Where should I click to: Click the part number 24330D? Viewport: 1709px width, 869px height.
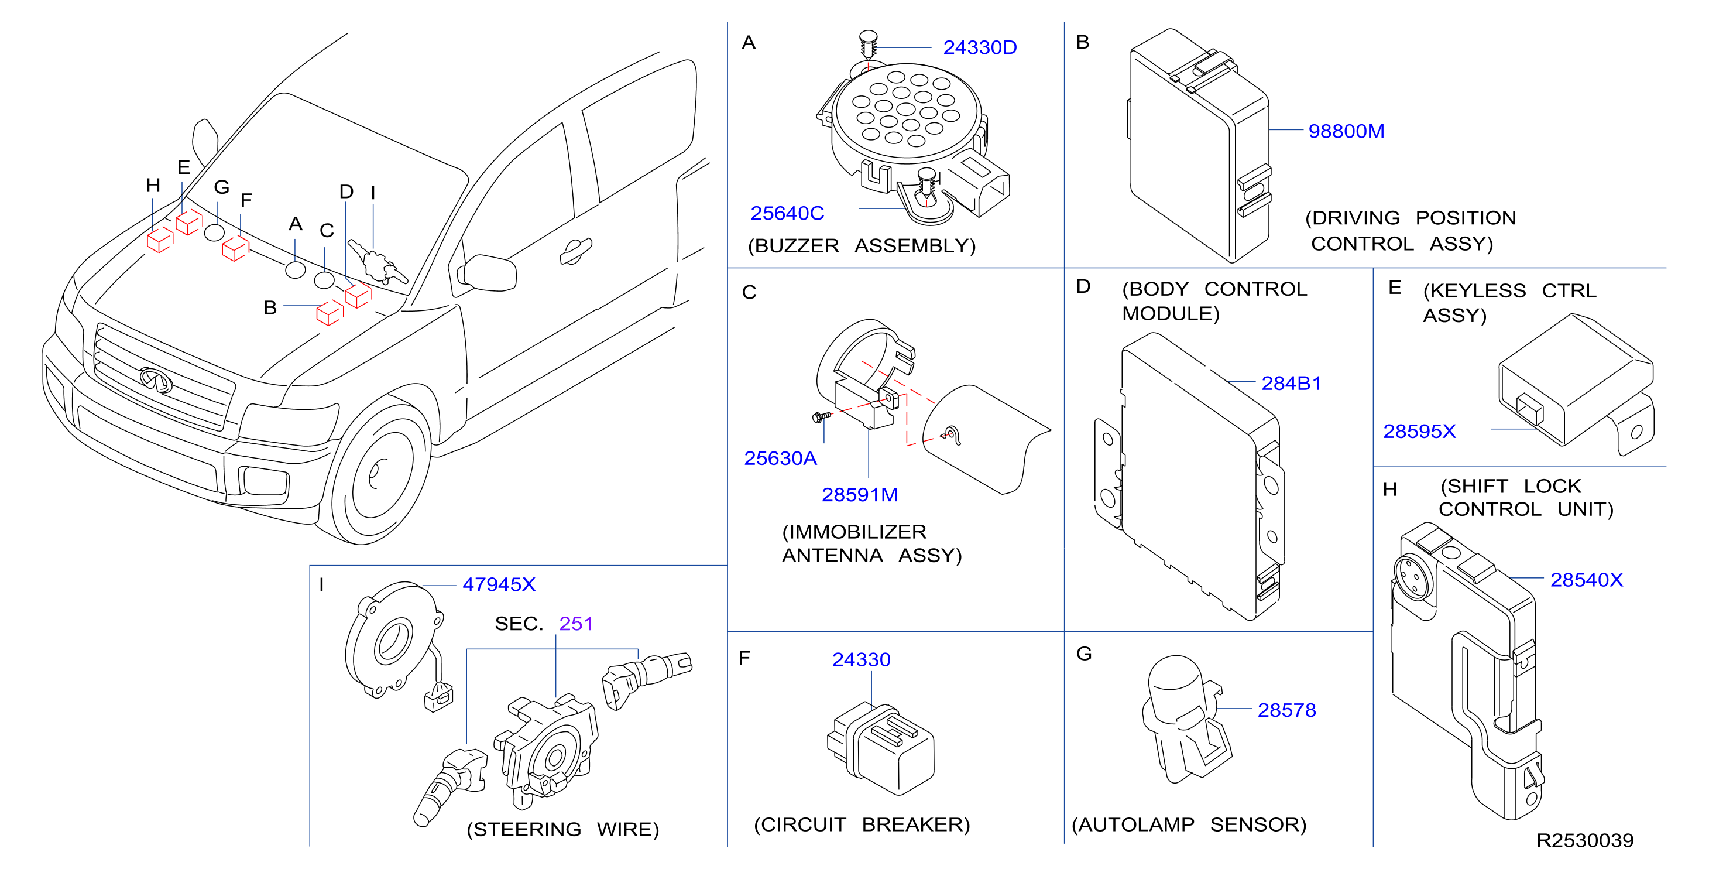pos(979,48)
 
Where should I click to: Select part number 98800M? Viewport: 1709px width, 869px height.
pos(1346,131)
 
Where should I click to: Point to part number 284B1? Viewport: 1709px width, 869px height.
pos(1291,383)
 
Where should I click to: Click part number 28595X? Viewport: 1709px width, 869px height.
pos(1419,432)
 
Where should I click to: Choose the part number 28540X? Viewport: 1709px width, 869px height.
pos(1586,580)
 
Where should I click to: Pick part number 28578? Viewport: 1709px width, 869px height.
pos(1286,710)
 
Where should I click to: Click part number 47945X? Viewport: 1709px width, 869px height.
pos(499,584)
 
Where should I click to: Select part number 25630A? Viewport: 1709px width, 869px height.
pos(780,458)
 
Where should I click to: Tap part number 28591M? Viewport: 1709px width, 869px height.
pos(860,495)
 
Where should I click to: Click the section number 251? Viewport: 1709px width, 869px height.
pos(576,624)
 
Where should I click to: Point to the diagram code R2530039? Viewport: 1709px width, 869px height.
pos(1585,840)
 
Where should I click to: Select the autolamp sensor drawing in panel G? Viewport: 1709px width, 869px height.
pos(1186,720)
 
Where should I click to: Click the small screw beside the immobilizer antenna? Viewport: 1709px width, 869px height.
pos(821,417)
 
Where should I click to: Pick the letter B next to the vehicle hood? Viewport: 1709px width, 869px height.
pos(270,307)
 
